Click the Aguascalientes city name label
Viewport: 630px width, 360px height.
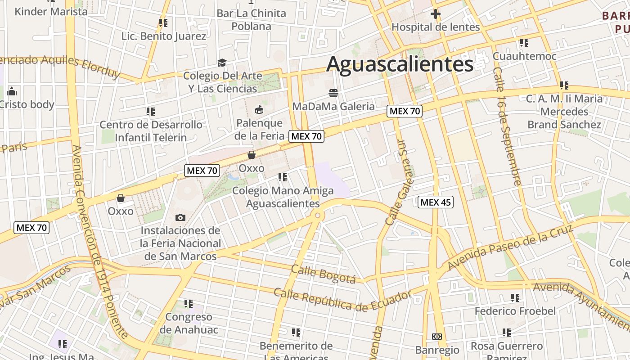400,64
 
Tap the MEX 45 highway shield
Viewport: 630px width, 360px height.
435,202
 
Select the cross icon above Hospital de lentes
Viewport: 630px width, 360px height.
435,14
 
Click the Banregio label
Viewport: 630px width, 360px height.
437,350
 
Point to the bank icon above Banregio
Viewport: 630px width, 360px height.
436,336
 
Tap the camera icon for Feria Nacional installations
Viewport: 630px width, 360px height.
180,218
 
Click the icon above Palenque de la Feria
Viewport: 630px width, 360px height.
259,109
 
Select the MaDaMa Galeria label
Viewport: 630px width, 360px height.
333,106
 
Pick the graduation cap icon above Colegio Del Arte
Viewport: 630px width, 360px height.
222,63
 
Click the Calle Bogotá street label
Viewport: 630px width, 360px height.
323,274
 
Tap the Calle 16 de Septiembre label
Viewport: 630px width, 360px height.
507,126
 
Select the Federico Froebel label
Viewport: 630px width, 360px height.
515,311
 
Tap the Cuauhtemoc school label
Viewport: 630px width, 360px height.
524,56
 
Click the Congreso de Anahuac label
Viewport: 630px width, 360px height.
189,323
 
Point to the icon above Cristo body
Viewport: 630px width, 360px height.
12,92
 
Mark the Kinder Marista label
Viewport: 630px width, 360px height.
51,11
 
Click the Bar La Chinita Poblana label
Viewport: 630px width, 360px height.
251,20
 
